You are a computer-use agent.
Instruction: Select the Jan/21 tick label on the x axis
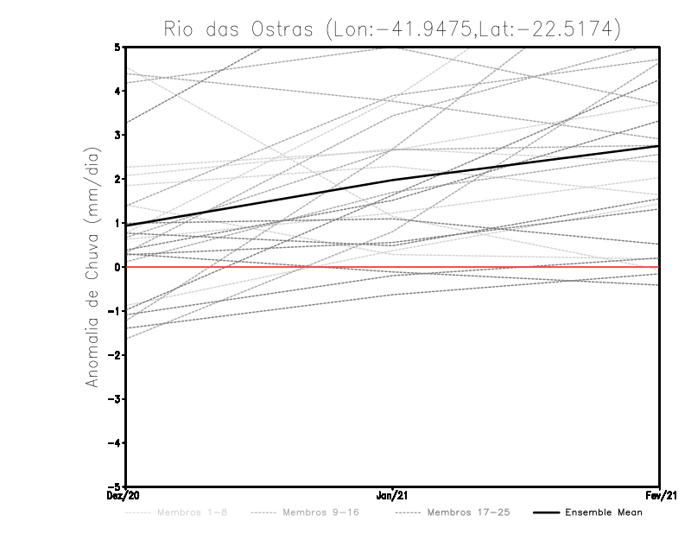click(x=393, y=496)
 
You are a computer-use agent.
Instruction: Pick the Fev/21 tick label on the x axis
click(x=659, y=496)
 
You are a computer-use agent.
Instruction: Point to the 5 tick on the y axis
click(x=118, y=47)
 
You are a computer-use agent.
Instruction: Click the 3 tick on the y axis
click(x=118, y=135)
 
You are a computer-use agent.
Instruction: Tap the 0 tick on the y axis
click(x=118, y=267)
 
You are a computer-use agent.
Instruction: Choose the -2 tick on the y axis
click(x=117, y=355)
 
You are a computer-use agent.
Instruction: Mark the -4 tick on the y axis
click(x=117, y=443)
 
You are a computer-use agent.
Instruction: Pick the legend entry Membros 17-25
click(x=467, y=512)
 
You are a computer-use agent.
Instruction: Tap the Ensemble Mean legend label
click(x=603, y=512)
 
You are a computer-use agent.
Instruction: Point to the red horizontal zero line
click(x=518, y=267)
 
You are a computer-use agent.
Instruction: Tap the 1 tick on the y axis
click(x=118, y=223)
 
